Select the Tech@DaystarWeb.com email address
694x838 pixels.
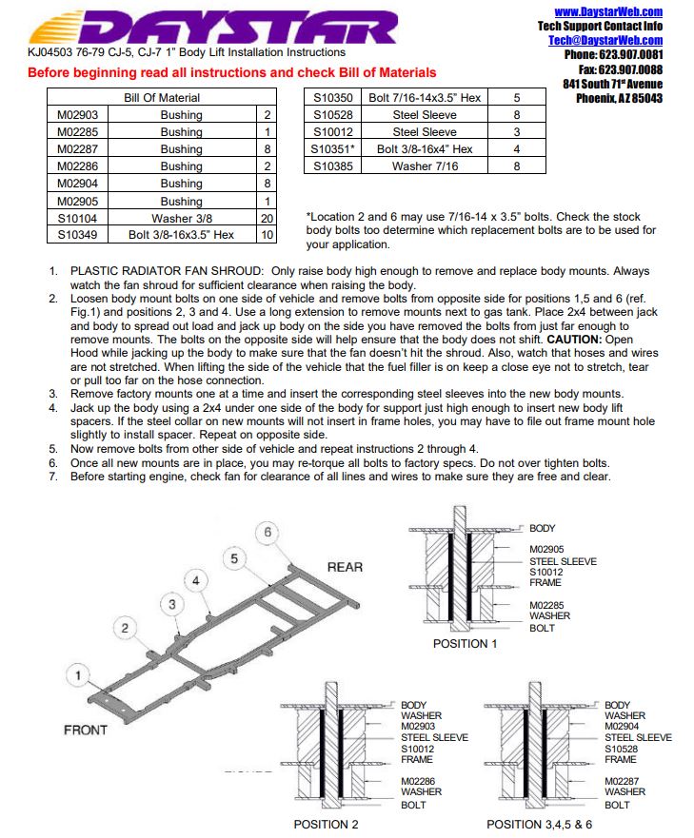[605, 40]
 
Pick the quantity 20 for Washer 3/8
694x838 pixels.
[268, 217]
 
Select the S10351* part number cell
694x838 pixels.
[332, 148]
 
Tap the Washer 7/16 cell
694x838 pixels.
[425, 166]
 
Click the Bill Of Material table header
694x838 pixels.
[162, 97]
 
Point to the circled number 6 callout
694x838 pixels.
[268, 533]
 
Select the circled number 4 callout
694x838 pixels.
[196, 580]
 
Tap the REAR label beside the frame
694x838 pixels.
[345, 567]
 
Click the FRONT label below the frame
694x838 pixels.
[86, 730]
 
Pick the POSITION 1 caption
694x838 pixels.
[466, 644]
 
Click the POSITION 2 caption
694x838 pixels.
[327, 824]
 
